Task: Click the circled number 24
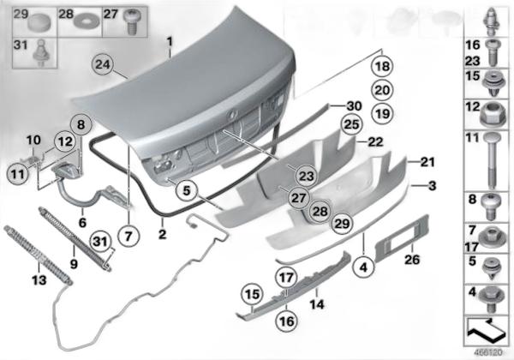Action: coord(102,64)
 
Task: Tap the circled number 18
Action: coord(382,67)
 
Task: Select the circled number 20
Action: coord(382,90)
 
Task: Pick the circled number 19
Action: coord(382,114)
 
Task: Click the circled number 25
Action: coord(351,124)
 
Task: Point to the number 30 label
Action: coord(355,106)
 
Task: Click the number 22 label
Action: coord(375,142)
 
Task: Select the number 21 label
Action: coord(427,162)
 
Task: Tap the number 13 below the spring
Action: coord(39,280)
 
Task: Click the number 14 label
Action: coord(317,304)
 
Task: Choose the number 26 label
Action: coord(412,260)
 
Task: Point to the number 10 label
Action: coord(33,140)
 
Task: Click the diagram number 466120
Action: coord(487,353)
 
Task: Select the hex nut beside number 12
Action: coord(490,115)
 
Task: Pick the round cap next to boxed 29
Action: coord(39,22)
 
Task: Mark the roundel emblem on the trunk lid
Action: coord(233,114)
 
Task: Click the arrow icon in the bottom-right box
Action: coord(487,332)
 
